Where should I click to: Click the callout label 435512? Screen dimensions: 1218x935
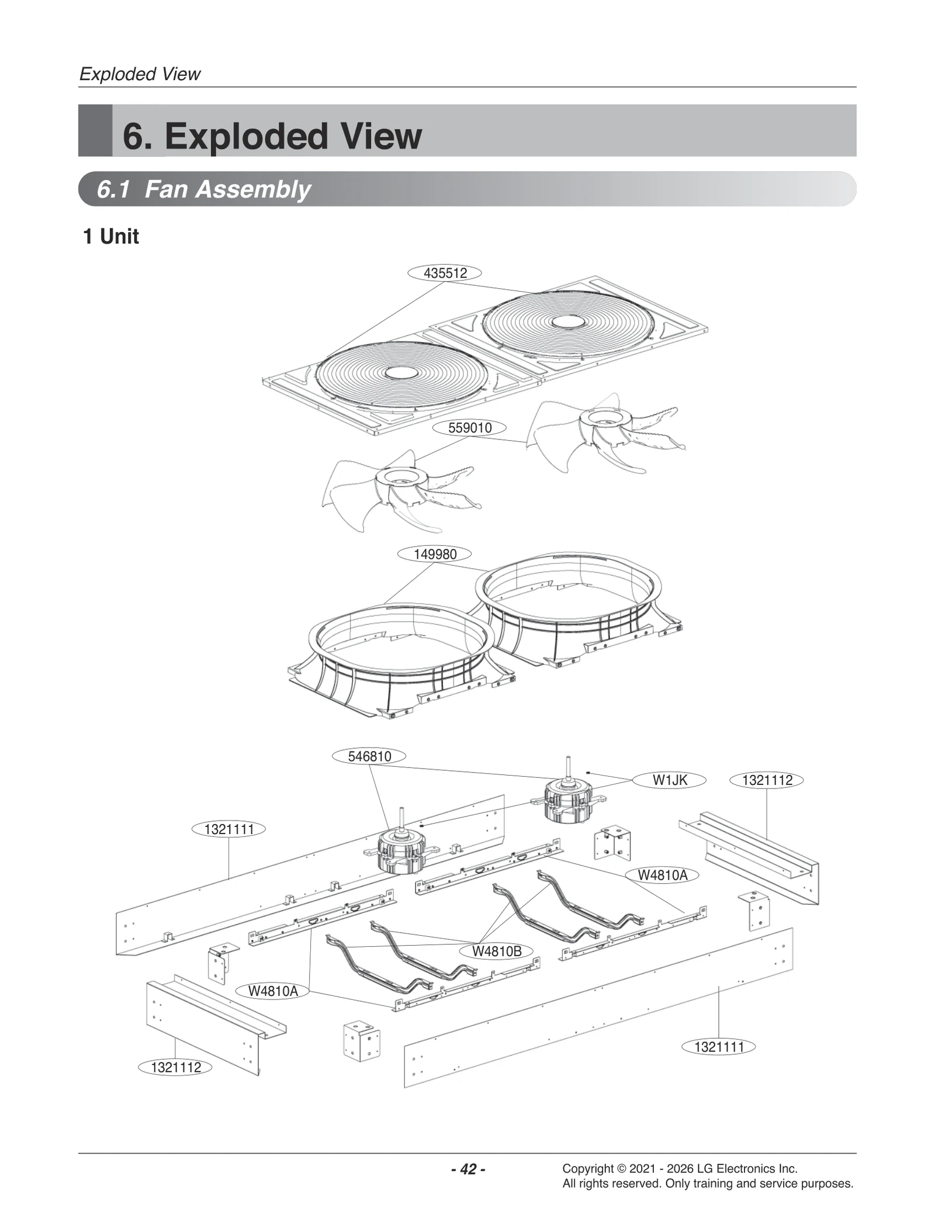coord(444,273)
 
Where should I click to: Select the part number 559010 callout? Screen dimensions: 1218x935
coord(469,428)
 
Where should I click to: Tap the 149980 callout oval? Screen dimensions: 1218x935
coord(434,554)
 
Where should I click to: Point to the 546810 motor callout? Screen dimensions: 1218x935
coord(369,756)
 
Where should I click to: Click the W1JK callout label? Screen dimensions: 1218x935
coord(669,780)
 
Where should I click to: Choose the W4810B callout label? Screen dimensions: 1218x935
coord(496,951)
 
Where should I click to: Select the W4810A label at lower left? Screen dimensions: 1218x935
coord(272,991)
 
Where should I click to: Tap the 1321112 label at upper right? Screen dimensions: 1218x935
coord(767,780)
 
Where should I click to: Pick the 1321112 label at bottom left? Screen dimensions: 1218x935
coord(175,1068)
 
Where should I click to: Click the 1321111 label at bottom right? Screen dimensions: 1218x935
coord(718,1047)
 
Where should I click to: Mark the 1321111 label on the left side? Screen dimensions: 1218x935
coord(228,829)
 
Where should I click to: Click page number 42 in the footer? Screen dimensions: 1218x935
coord(467,1169)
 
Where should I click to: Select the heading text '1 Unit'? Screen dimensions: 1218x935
coord(111,237)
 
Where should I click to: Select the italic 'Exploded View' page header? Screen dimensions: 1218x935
coord(140,74)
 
